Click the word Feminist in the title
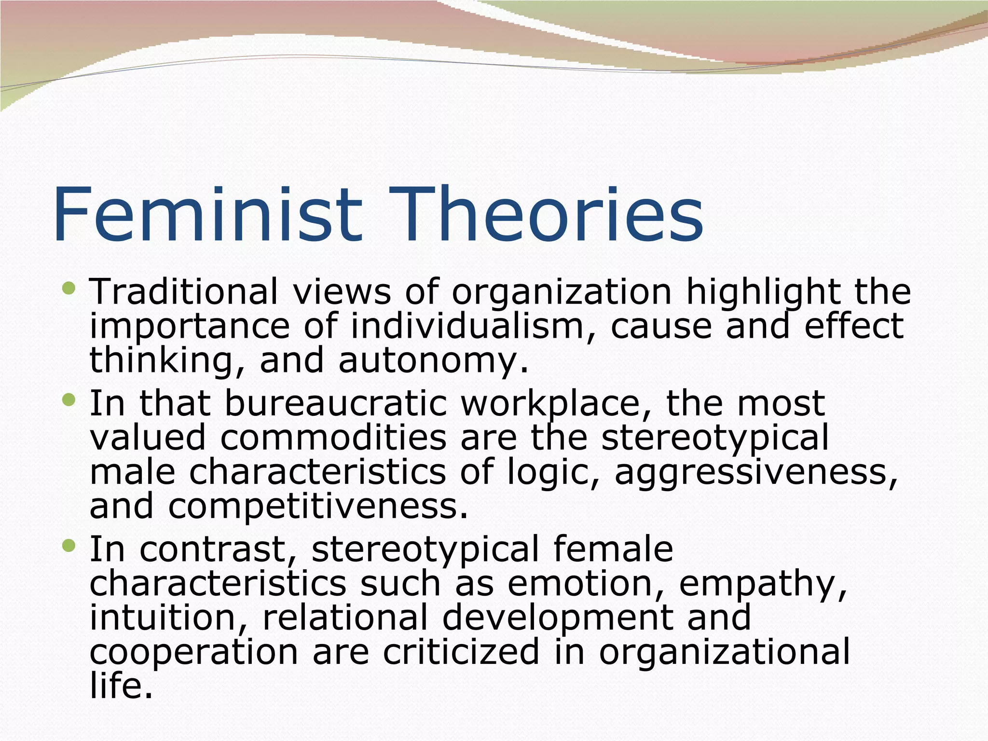point(207,215)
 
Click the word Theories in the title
point(550,215)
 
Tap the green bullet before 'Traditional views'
point(69,288)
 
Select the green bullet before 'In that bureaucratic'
point(69,399)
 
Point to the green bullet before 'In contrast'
point(69,546)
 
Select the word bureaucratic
point(336,403)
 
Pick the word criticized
point(461,652)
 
